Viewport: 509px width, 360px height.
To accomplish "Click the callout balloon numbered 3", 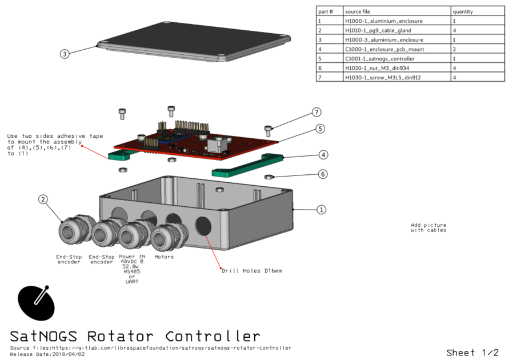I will (65, 54).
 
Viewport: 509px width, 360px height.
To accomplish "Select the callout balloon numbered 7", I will (316, 112).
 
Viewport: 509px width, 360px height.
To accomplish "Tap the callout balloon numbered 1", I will (321, 210).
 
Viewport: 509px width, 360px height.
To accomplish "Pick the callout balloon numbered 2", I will (43, 199).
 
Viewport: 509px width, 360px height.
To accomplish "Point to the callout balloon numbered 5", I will (321, 129).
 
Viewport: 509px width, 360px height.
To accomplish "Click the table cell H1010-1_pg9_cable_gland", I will (378, 30).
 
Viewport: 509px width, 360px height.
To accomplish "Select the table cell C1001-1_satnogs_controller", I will (380, 59).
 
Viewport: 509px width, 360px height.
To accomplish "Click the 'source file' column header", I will (358, 11).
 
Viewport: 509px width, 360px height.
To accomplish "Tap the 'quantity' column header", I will (463, 11).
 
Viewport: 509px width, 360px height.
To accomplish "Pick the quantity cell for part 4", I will (454, 49).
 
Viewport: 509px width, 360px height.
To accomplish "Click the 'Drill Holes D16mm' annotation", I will (252, 270).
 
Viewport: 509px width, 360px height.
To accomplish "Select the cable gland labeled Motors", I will (166, 237).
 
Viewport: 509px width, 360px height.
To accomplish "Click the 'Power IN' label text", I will (132, 257).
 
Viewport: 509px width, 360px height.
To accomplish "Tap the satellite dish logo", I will (37, 302).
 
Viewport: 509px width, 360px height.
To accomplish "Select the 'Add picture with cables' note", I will (428, 227).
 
